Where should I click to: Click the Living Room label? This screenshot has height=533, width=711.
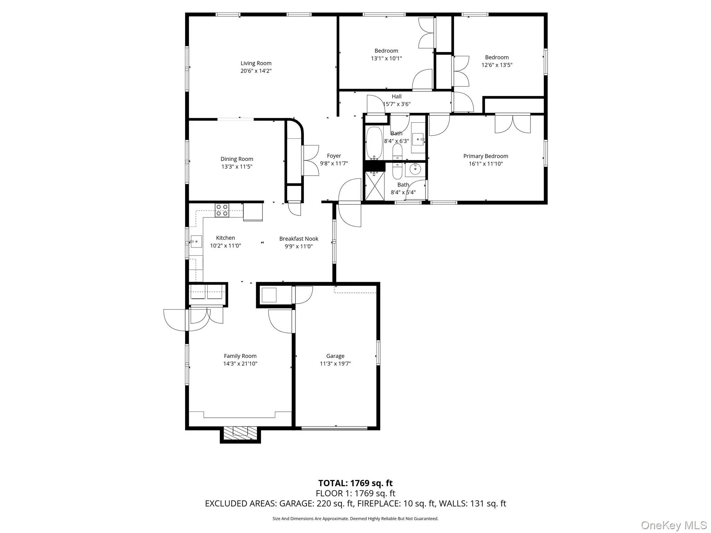pyautogui.click(x=256, y=63)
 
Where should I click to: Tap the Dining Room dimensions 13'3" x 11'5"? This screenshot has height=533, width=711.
pyautogui.click(x=237, y=167)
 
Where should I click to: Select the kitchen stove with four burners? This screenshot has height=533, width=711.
pyautogui.click(x=222, y=210)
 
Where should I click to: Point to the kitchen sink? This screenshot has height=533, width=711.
pyautogui.click(x=196, y=241)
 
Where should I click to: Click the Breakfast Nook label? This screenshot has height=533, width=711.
pyautogui.click(x=299, y=239)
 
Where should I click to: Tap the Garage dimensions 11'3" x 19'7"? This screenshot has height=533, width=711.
pyautogui.click(x=335, y=364)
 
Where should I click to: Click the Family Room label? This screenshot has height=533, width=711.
pyautogui.click(x=240, y=356)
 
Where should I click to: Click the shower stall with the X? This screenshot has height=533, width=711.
pyautogui.click(x=375, y=186)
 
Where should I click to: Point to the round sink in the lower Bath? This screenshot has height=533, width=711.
pyautogui.click(x=415, y=169)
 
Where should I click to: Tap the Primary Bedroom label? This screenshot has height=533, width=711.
pyautogui.click(x=485, y=156)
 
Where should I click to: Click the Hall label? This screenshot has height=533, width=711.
pyautogui.click(x=396, y=96)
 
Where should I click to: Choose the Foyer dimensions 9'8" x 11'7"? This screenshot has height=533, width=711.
pyautogui.click(x=334, y=163)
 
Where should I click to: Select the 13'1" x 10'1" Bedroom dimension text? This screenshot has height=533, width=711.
pyautogui.click(x=386, y=58)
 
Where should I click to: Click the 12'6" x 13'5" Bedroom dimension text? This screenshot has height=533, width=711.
pyautogui.click(x=496, y=65)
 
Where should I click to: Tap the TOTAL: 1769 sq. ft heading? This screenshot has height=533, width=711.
pyautogui.click(x=355, y=483)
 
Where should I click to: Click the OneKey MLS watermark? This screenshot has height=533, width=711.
pyautogui.click(x=674, y=525)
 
